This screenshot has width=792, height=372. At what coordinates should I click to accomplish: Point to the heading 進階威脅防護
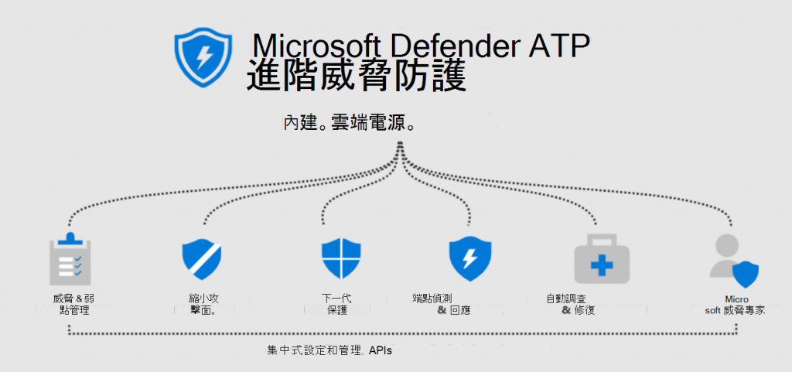pos(356,78)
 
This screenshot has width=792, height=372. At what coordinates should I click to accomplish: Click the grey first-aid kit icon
pos(601,261)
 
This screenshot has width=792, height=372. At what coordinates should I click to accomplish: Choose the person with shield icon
pos(734,260)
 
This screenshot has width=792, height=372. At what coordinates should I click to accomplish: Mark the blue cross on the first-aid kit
pos(601,265)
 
